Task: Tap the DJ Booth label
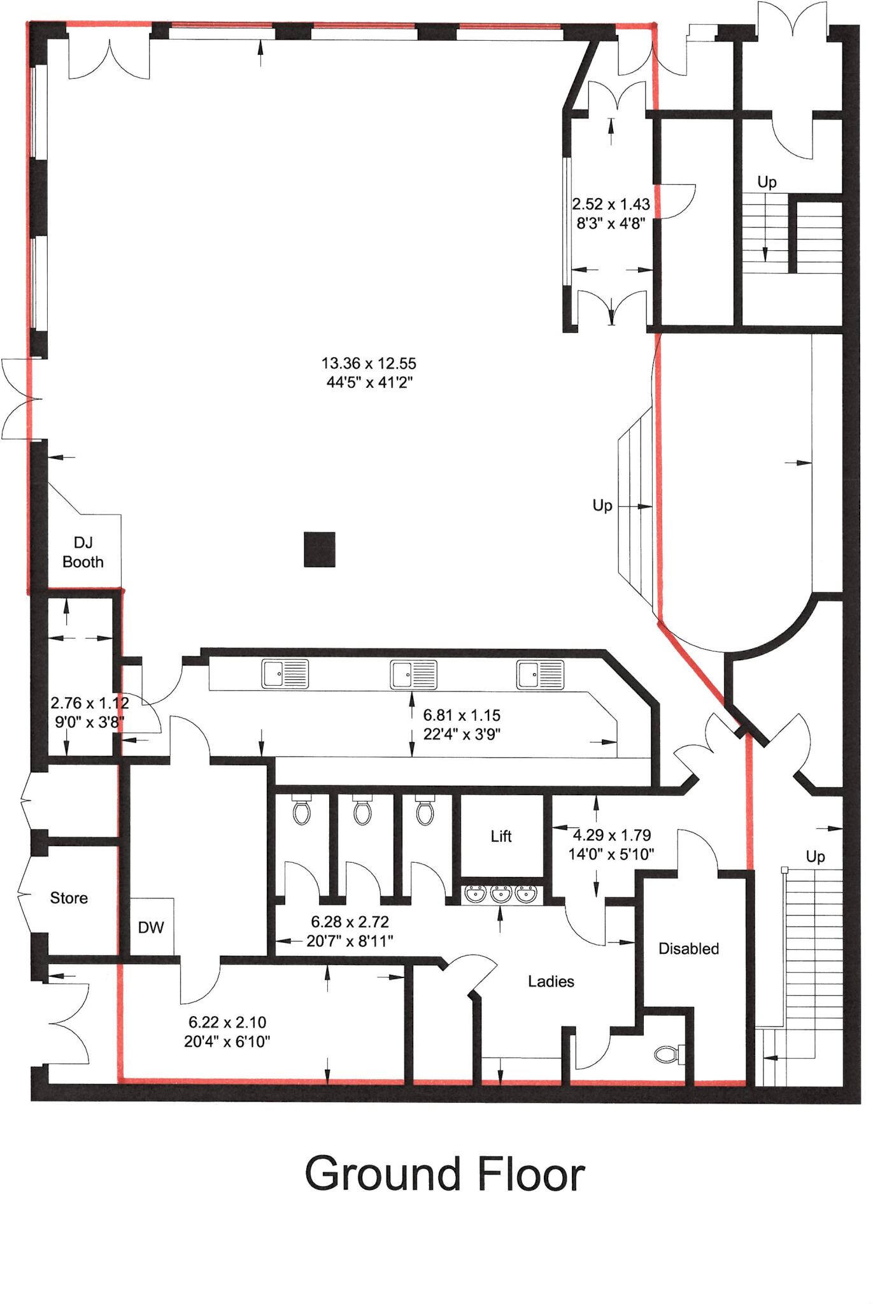(83, 552)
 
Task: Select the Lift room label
(501, 836)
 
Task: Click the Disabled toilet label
(688, 949)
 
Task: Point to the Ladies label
(551, 981)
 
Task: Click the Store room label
(69, 898)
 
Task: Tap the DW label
(151, 928)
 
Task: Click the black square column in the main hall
(319, 549)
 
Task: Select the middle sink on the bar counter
(413, 674)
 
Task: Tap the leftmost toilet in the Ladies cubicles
(301, 811)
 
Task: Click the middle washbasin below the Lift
(501, 894)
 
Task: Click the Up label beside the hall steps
(602, 506)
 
